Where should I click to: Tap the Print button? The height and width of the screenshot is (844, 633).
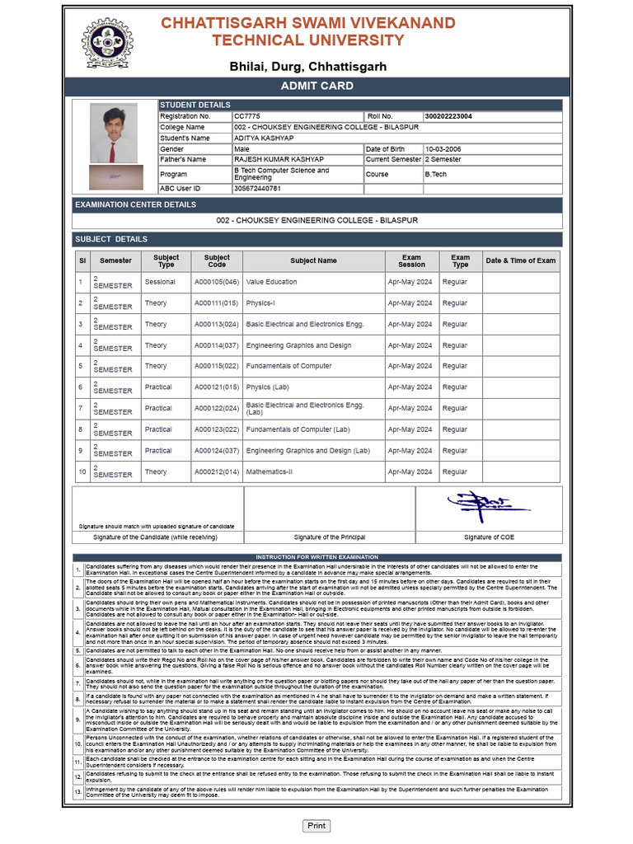(316, 825)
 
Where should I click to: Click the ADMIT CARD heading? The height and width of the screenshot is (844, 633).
(316, 86)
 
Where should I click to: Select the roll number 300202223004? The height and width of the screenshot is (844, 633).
(448, 117)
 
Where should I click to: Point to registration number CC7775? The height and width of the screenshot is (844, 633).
(246, 117)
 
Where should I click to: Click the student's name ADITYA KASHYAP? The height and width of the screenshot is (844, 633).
(263, 138)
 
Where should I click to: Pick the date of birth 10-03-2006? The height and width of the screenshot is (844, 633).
(443, 149)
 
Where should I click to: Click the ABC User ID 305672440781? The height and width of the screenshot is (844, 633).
(257, 189)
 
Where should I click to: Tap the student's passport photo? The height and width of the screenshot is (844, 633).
(114, 134)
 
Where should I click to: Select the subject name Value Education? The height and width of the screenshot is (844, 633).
(271, 282)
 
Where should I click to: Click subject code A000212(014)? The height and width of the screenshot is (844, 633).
(217, 472)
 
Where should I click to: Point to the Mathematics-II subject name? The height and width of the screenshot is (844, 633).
(269, 472)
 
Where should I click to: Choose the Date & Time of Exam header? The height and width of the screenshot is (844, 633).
(520, 260)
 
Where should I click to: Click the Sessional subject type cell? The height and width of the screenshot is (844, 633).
(160, 282)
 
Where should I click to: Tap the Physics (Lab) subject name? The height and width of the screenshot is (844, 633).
(267, 387)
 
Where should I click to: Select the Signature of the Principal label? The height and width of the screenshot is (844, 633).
(330, 537)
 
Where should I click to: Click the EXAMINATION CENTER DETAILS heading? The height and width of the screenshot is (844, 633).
(135, 204)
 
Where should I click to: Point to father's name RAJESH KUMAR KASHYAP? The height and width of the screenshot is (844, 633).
(278, 160)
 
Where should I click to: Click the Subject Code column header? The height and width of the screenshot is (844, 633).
(217, 260)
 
